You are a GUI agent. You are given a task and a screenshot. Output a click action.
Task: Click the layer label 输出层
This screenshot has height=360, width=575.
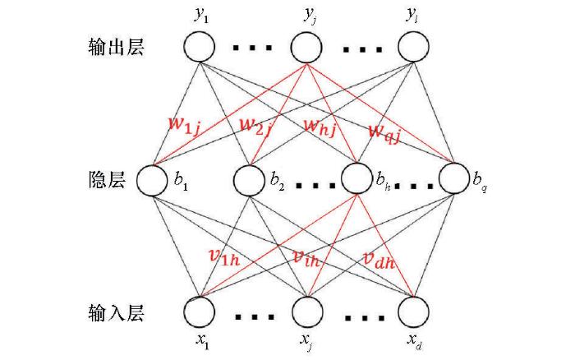[117, 47]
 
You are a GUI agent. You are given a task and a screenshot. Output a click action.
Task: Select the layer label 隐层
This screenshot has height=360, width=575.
[107, 180]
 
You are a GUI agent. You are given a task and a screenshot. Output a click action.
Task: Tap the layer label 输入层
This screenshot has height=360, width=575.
[117, 313]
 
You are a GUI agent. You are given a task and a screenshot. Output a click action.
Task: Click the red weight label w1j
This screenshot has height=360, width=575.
[185, 127]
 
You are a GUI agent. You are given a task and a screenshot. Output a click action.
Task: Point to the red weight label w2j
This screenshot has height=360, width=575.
[255, 127]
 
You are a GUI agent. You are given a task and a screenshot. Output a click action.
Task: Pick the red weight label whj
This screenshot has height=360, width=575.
[320, 127]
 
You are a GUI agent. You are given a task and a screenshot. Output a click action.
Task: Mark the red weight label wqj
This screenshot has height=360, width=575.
[384, 133]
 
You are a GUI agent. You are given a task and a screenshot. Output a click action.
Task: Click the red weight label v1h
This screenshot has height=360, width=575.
[224, 256]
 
